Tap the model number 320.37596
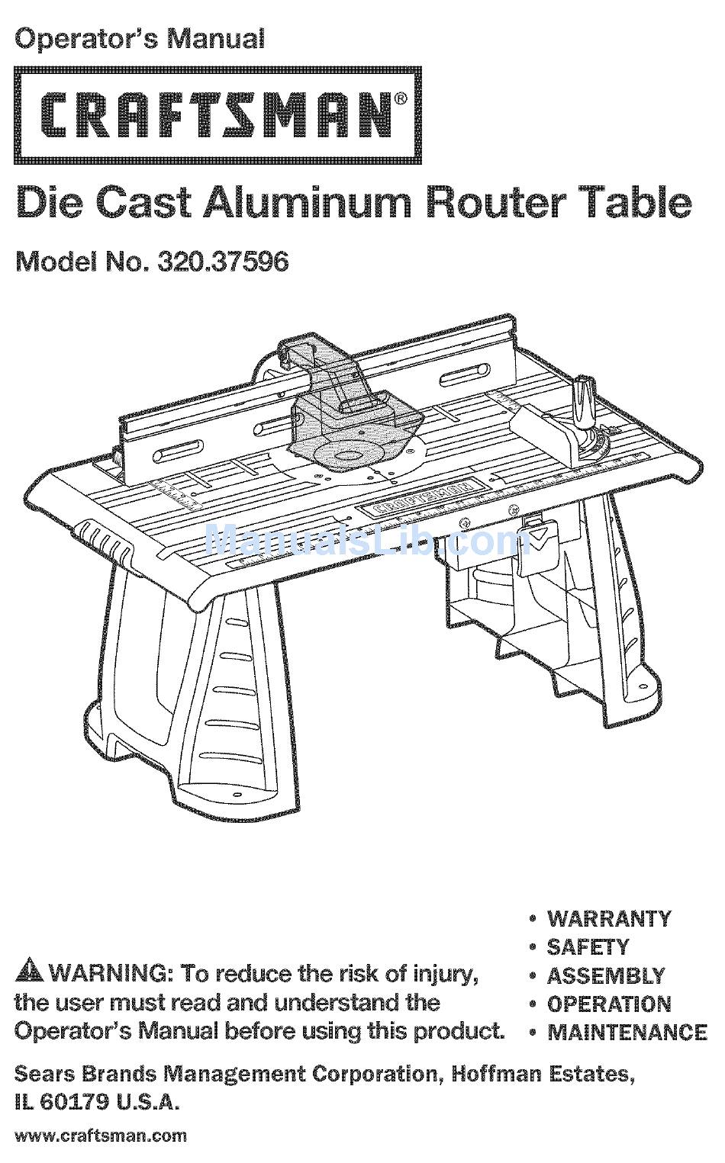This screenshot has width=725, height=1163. (222, 262)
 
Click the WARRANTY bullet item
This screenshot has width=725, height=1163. (608, 917)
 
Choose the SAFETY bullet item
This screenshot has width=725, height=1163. (588, 946)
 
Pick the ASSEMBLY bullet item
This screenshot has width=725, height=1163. (605, 975)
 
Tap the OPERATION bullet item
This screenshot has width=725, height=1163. (609, 1004)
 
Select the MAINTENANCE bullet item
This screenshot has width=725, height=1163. (627, 1032)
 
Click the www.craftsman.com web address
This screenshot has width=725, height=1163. (101, 1136)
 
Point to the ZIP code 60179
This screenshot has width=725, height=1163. (73, 1102)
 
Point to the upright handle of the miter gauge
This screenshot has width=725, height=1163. (585, 397)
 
